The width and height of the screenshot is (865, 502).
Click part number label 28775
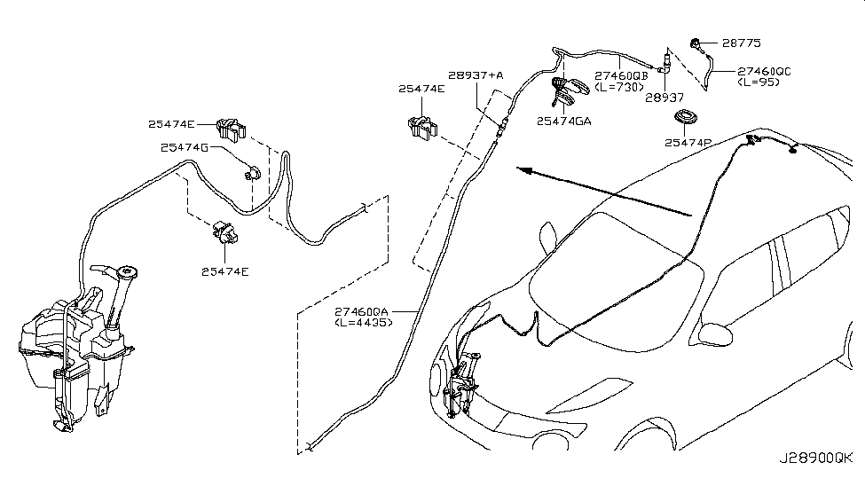point(742,43)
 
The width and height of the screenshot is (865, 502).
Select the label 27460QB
point(621,75)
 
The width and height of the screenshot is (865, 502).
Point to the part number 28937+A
point(476,76)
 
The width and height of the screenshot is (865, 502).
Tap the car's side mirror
point(716,334)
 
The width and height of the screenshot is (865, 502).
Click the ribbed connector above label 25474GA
point(567,88)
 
